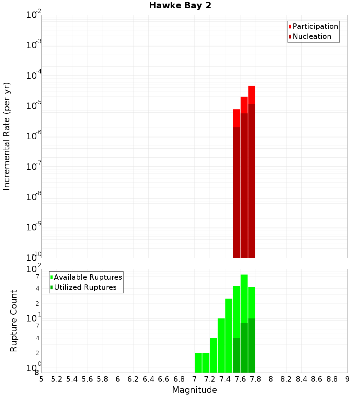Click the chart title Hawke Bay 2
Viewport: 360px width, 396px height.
180,6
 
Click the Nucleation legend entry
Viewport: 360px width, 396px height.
312,36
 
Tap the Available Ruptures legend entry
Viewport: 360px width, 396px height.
88,277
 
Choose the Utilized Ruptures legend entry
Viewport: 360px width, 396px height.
85,287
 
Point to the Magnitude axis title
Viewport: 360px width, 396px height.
194,390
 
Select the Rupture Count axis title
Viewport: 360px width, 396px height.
14,321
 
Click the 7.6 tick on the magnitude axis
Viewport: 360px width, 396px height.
240,379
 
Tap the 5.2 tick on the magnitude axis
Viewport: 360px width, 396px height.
57,379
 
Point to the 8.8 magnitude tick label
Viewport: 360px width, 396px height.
332,379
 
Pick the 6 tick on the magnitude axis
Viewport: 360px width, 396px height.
118,379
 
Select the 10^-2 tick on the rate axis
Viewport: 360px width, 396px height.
33,15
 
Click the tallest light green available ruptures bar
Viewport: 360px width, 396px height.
244,299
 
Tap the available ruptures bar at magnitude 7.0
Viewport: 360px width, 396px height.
198,363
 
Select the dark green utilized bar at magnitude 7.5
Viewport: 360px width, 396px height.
237,355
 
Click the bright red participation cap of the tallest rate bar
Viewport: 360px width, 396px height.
252,94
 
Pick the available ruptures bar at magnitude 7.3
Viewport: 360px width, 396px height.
221,346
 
